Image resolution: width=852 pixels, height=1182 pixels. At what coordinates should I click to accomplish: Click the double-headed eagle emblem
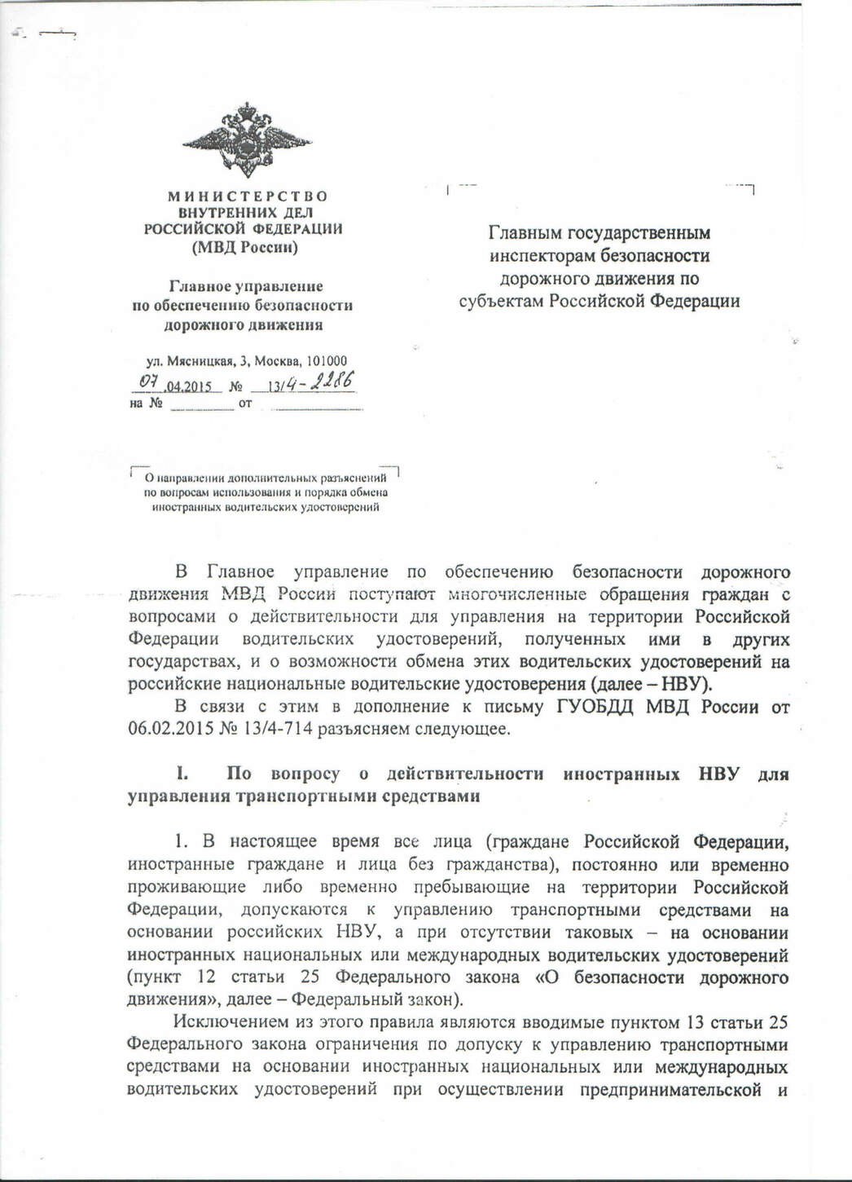pos(247,139)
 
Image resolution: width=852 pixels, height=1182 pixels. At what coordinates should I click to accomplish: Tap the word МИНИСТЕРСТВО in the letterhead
pos(248,196)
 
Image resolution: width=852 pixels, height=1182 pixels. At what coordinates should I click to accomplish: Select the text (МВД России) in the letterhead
pos(244,247)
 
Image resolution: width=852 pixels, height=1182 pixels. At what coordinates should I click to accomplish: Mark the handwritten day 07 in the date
pos(148,382)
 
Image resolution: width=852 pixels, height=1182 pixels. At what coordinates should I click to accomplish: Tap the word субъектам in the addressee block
pos(502,302)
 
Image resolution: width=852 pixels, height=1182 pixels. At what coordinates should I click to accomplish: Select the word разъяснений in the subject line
pos(350,479)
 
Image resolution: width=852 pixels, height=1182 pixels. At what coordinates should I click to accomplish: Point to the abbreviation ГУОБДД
pos(596,707)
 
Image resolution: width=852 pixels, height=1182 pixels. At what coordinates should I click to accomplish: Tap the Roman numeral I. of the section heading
pos(183,774)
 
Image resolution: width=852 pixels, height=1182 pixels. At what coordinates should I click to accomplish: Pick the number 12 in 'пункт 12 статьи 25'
pos(206,977)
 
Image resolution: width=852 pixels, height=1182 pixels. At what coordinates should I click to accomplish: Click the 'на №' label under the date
pos(147,404)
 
